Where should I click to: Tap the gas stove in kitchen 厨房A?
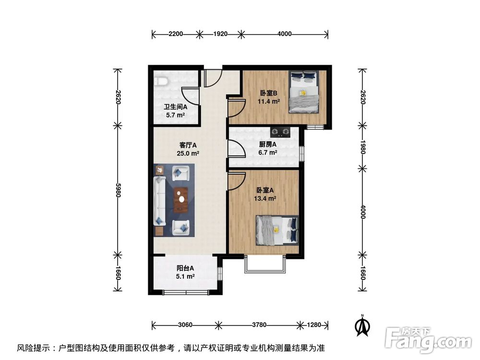(x=281, y=131)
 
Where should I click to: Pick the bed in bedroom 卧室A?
(x=277, y=230)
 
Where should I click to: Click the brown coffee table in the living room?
(x=181, y=200)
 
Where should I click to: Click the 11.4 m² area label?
(x=269, y=101)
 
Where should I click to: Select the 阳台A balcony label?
(x=185, y=269)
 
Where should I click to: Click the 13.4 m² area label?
(x=264, y=198)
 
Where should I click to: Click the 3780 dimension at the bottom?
(x=259, y=325)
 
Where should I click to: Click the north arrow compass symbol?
(x=363, y=326)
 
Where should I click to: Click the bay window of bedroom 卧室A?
(x=265, y=264)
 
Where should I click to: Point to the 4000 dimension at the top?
(x=284, y=34)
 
